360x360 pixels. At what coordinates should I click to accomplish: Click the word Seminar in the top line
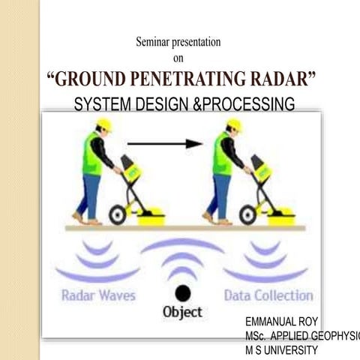pyautogui.click(x=152, y=42)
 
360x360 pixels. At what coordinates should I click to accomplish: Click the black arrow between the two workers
pyautogui.click(x=165, y=143)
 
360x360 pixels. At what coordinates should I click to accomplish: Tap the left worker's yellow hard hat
pyautogui.click(x=104, y=124)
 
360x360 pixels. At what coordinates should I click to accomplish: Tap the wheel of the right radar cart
pyautogui.click(x=248, y=215)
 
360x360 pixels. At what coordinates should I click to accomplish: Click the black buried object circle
pyautogui.click(x=182, y=292)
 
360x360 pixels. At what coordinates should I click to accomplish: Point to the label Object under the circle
pyautogui.click(x=182, y=310)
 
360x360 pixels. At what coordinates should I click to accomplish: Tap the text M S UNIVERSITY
pyautogui.click(x=281, y=349)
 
